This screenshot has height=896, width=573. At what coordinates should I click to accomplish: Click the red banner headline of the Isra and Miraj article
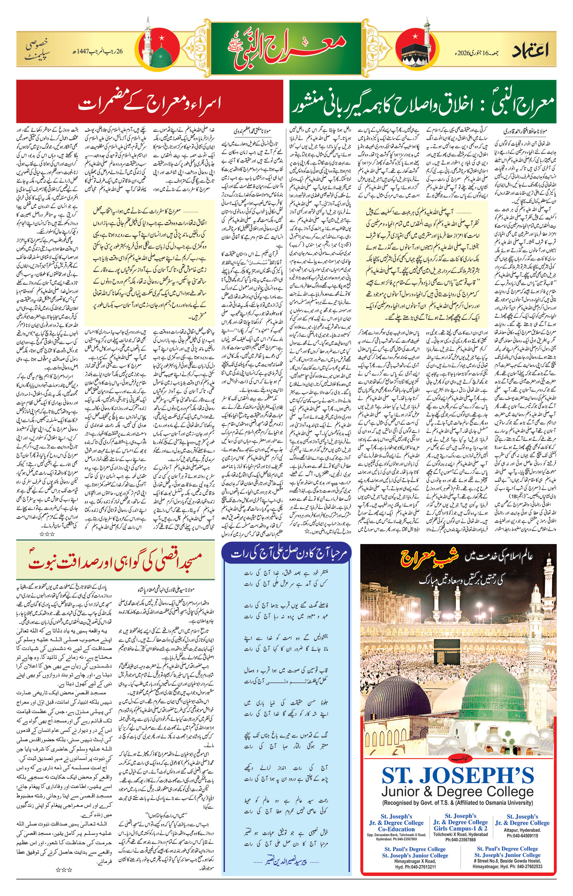[x=149, y=102]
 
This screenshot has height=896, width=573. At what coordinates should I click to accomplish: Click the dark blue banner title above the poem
[x=286, y=553]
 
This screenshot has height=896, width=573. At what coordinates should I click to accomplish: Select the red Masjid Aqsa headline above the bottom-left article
[x=115, y=561]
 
